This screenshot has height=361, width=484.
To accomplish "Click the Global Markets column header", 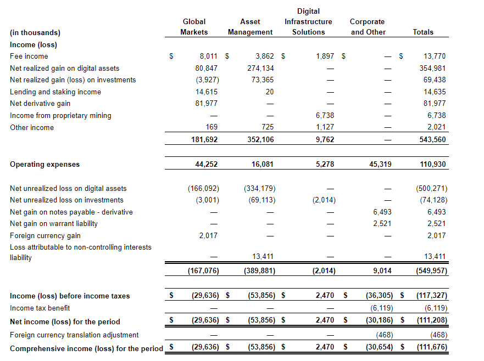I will pyautogui.click(x=194, y=27).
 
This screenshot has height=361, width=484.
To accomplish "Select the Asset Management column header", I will pyautogui.click(x=250, y=27).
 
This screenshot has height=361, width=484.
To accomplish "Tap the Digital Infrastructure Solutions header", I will pyautogui.click(x=308, y=21).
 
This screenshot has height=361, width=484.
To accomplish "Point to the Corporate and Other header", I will pyautogui.click(x=368, y=27).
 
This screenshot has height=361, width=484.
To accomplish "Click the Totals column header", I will pyautogui.click(x=423, y=32).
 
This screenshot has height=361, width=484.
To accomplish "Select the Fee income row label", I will pyautogui.click(x=29, y=56).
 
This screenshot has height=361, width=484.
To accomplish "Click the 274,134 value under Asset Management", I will pyautogui.click(x=261, y=68).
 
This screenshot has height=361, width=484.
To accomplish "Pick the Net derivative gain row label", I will pyautogui.click(x=40, y=103).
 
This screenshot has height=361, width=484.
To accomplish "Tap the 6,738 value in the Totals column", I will pyautogui.click(x=435, y=115).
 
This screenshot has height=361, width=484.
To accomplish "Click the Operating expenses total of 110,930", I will pyautogui.click(x=432, y=164).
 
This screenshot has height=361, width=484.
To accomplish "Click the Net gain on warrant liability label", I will pyautogui.click(x=54, y=223).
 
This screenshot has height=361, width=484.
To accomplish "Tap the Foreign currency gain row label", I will pyautogui.click(x=45, y=235).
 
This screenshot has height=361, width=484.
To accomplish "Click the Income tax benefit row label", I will pyautogui.click(x=40, y=308).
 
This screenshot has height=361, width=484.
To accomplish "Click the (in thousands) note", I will pyautogui.click(x=35, y=32).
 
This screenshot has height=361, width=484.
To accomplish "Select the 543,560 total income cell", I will pyautogui.click(x=432, y=139).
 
